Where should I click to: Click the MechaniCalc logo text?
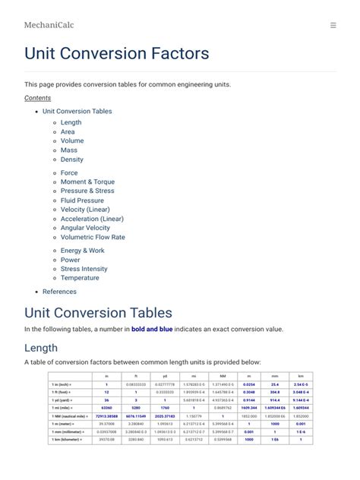pyautogui.click(x=49, y=25)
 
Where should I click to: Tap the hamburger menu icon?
pyautogui.click(x=333, y=25)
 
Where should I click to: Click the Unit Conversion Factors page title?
pyautogui.click(x=116, y=54)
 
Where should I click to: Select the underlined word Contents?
pyautogui.click(x=37, y=98)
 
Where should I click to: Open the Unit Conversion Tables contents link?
pyautogui.click(x=77, y=112)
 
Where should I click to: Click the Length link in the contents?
pyautogui.click(x=71, y=122)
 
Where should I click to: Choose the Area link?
pyautogui.click(x=68, y=132)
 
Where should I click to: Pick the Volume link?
pyautogui.click(x=72, y=141)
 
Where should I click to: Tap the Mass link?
pyautogui.click(x=69, y=150)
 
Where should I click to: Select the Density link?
pyautogui.click(x=72, y=159)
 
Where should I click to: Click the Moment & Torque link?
pyautogui.click(x=87, y=182)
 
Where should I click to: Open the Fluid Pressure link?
pyautogui.click(x=82, y=201)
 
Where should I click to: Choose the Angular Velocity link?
pyautogui.click(x=85, y=228)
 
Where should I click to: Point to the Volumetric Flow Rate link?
pyautogui.click(x=93, y=237)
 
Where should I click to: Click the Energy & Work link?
pyautogui.click(x=82, y=251)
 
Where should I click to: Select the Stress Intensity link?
pyautogui.click(x=84, y=269)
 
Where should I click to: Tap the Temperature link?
pyautogui.click(x=80, y=278)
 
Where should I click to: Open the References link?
pyautogui.click(x=59, y=292)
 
